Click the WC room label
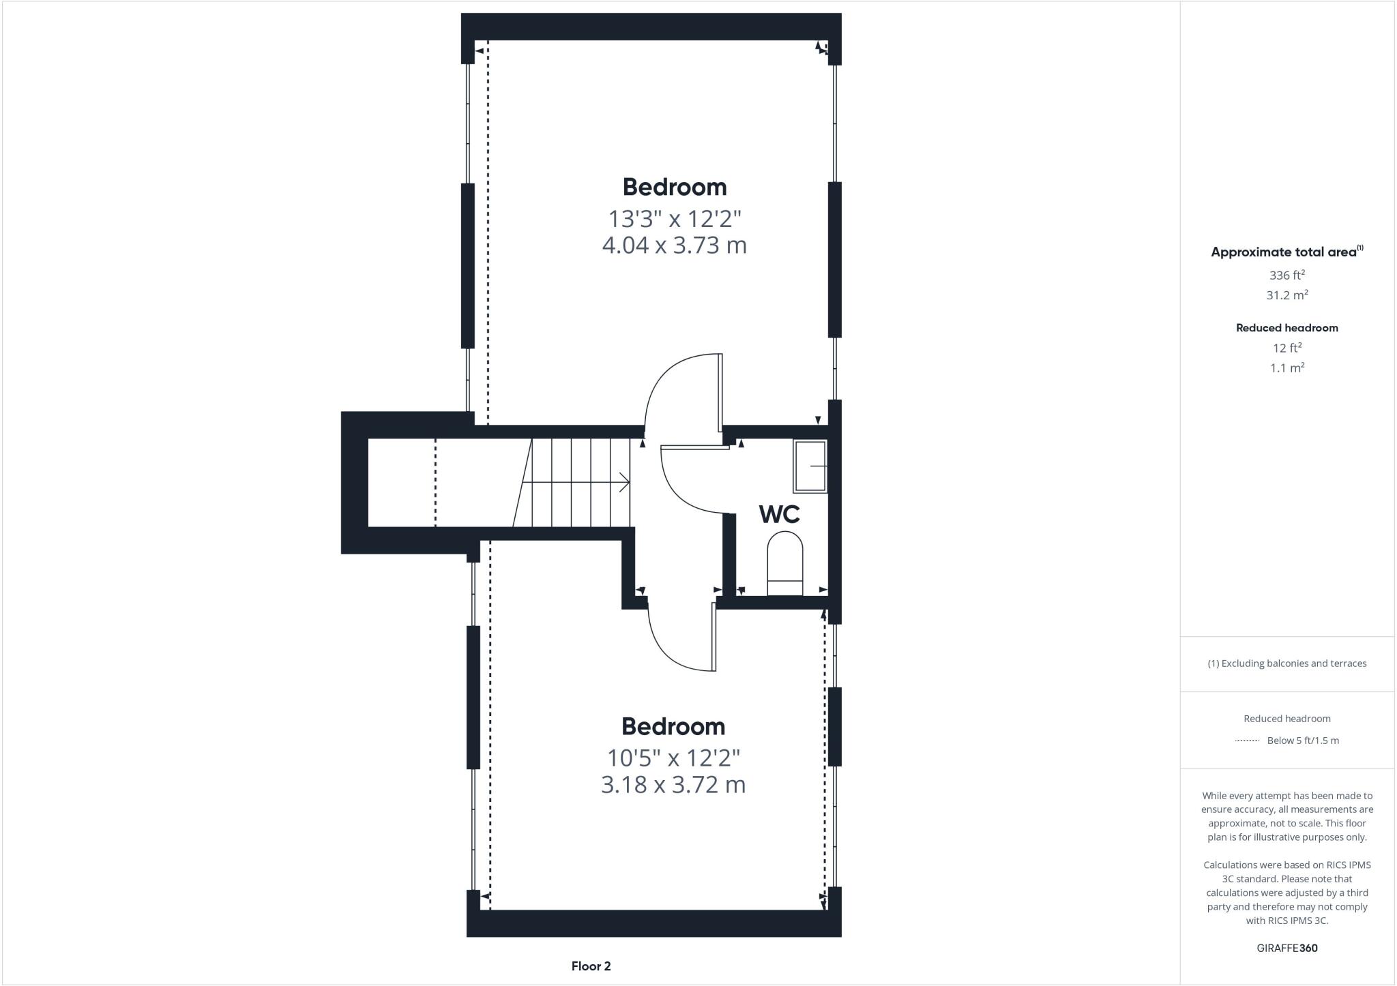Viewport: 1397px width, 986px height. [x=779, y=514]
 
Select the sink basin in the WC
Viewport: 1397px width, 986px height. [x=810, y=466]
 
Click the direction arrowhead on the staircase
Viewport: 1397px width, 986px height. [x=625, y=483]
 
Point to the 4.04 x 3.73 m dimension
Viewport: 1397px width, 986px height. [x=674, y=245]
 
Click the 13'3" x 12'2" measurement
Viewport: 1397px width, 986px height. [x=674, y=219]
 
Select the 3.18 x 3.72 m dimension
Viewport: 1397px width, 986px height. [x=673, y=785]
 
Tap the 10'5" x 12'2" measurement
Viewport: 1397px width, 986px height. [x=673, y=758]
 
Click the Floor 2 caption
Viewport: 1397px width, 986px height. [x=591, y=966]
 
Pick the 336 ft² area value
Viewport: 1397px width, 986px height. [x=1286, y=275]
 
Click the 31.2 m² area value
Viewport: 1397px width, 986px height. [x=1286, y=295]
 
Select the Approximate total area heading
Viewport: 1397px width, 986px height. [x=1286, y=252]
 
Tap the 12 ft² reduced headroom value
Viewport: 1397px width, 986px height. [x=1286, y=348]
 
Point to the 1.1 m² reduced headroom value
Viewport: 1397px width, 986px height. [x=1286, y=368]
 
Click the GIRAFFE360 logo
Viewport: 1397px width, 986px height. [x=1286, y=948]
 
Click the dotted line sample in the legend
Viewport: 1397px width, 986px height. [x=1247, y=741]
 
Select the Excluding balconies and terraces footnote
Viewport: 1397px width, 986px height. [x=1286, y=663]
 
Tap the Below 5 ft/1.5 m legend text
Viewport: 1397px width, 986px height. [x=1303, y=741]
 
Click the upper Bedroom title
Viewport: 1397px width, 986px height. [x=674, y=187]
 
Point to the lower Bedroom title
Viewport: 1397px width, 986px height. [x=673, y=726]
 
